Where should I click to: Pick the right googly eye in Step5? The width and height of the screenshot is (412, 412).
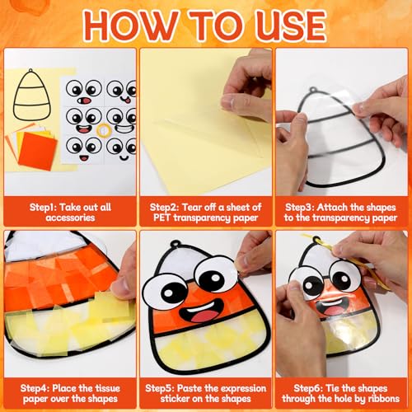click(x=215, y=273)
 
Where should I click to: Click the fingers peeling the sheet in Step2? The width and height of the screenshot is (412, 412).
click(x=247, y=95)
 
